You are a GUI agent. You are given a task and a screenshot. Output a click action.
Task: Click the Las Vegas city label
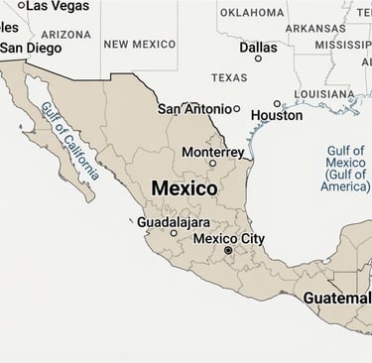[57, 6]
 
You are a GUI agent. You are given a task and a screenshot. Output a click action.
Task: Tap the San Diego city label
[30, 48]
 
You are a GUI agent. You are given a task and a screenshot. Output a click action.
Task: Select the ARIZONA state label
[65, 34]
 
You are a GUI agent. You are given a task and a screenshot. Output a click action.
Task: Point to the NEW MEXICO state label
[139, 44]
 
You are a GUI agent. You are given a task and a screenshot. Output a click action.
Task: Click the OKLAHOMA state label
[251, 13]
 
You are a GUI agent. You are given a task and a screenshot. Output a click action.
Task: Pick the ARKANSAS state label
[315, 28]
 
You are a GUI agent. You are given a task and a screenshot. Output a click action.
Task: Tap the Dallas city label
[258, 47]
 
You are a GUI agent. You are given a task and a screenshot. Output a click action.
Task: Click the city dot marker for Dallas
[259, 59]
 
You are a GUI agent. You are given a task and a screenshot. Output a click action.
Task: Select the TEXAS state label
[229, 77]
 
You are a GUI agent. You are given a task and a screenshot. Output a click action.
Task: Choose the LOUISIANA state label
[324, 95]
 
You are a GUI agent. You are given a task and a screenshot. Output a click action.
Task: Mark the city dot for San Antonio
[236, 109]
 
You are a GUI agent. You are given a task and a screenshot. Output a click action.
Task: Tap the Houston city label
[277, 116]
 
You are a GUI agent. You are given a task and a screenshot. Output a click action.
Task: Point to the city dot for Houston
[277, 103]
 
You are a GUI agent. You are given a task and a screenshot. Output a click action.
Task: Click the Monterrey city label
[212, 152]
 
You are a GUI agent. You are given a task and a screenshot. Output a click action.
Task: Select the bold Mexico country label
[185, 187]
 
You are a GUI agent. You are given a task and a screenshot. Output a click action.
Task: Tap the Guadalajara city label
[174, 222]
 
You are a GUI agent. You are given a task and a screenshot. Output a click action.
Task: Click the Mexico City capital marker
[228, 251]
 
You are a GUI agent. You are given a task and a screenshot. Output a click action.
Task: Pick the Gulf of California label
[70, 141]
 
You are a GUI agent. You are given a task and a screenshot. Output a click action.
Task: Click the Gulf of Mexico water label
[345, 169]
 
